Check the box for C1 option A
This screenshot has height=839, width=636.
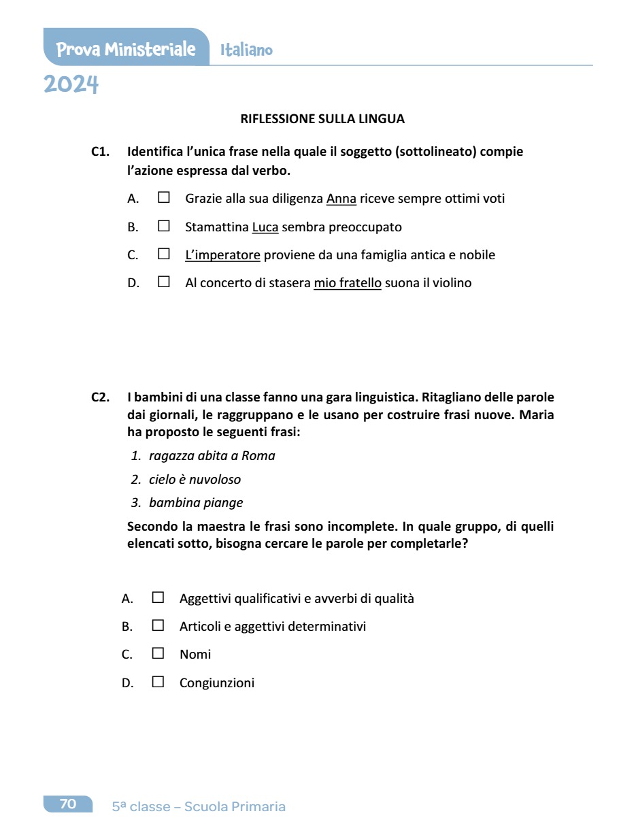coord(163,197)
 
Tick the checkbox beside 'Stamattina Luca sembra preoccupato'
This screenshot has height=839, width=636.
coord(163,226)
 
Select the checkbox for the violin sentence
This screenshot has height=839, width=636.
coord(163,282)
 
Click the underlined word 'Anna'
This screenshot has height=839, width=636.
coord(341,199)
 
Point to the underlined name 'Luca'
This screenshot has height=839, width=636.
coord(265,227)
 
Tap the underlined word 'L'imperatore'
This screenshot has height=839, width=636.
coord(222,255)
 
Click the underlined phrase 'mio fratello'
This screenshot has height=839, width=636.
coord(348,283)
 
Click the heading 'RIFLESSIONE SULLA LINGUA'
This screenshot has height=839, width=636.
coord(322,119)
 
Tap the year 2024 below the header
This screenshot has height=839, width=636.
coord(71,85)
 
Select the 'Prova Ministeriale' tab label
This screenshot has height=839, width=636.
coord(126,49)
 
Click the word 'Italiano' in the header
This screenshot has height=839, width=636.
coord(246,50)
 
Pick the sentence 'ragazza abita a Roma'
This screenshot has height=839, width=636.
coord(212,456)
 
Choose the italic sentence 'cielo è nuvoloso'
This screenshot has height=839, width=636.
coord(195,480)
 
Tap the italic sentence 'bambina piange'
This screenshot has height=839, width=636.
coord(196,503)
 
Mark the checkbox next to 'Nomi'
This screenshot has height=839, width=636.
coord(158,653)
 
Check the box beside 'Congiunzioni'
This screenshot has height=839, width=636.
coord(158,682)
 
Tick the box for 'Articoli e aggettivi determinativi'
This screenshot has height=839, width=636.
coord(158,625)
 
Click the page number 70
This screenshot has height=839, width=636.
coord(68,804)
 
